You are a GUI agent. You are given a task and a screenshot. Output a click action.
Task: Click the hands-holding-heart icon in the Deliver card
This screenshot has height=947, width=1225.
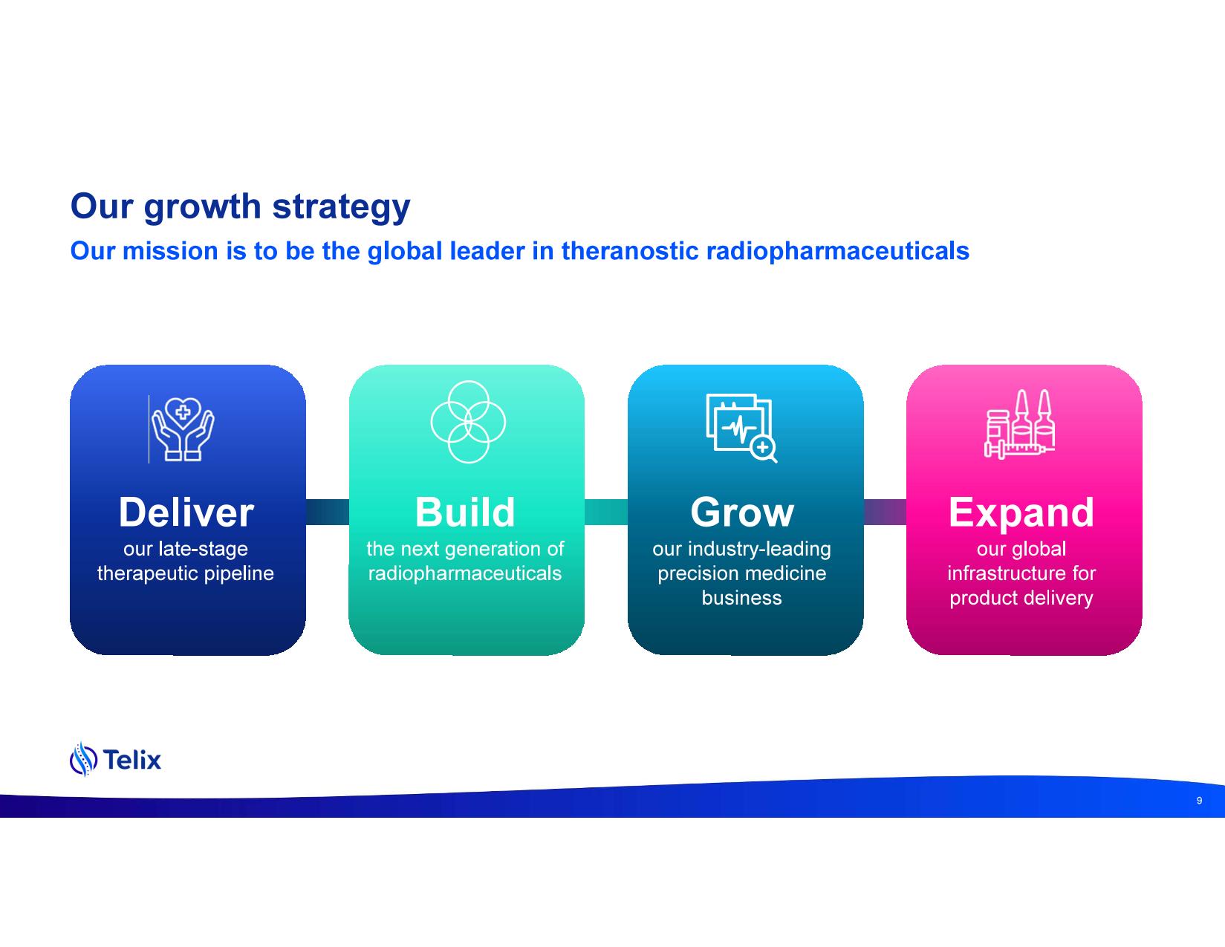[183, 429]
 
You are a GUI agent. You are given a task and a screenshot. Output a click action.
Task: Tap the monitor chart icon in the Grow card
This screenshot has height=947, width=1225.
[741, 428]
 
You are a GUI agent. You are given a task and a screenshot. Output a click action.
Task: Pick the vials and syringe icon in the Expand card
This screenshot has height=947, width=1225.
[1020, 423]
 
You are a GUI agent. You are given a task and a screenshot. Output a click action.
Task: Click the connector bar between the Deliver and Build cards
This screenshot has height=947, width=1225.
[328, 512]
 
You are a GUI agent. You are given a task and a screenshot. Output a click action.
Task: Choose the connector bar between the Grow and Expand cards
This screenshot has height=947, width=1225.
[885, 512]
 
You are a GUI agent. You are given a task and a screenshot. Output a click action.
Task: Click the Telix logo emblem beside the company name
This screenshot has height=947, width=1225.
[83, 759]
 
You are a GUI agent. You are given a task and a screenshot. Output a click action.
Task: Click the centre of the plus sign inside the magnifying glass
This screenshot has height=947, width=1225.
[763, 448]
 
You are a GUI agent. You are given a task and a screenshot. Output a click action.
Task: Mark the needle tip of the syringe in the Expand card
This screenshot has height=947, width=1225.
[1054, 449]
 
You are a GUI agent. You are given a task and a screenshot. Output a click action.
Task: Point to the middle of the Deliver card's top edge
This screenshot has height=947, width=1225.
[188, 365]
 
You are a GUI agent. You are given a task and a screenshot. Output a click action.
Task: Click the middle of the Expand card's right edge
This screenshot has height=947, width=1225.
[1142, 510]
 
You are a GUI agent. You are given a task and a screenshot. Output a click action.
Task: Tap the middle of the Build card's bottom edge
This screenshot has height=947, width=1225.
[467, 654]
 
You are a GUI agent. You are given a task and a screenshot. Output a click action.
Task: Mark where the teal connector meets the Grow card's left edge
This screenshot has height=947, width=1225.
[628, 512]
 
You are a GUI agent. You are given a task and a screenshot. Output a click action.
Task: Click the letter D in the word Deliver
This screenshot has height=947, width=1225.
[133, 512]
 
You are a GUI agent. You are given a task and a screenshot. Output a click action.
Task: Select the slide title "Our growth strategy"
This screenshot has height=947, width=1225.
[240, 206]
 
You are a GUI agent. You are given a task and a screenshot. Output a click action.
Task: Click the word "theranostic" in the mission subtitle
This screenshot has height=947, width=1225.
[630, 251]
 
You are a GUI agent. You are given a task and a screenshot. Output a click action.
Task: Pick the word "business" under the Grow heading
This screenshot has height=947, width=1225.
[741, 598]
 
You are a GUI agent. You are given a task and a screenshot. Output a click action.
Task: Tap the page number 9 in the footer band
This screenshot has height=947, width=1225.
[1199, 801]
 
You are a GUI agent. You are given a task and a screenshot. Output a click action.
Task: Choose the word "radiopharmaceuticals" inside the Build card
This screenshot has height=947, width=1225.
[465, 573]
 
